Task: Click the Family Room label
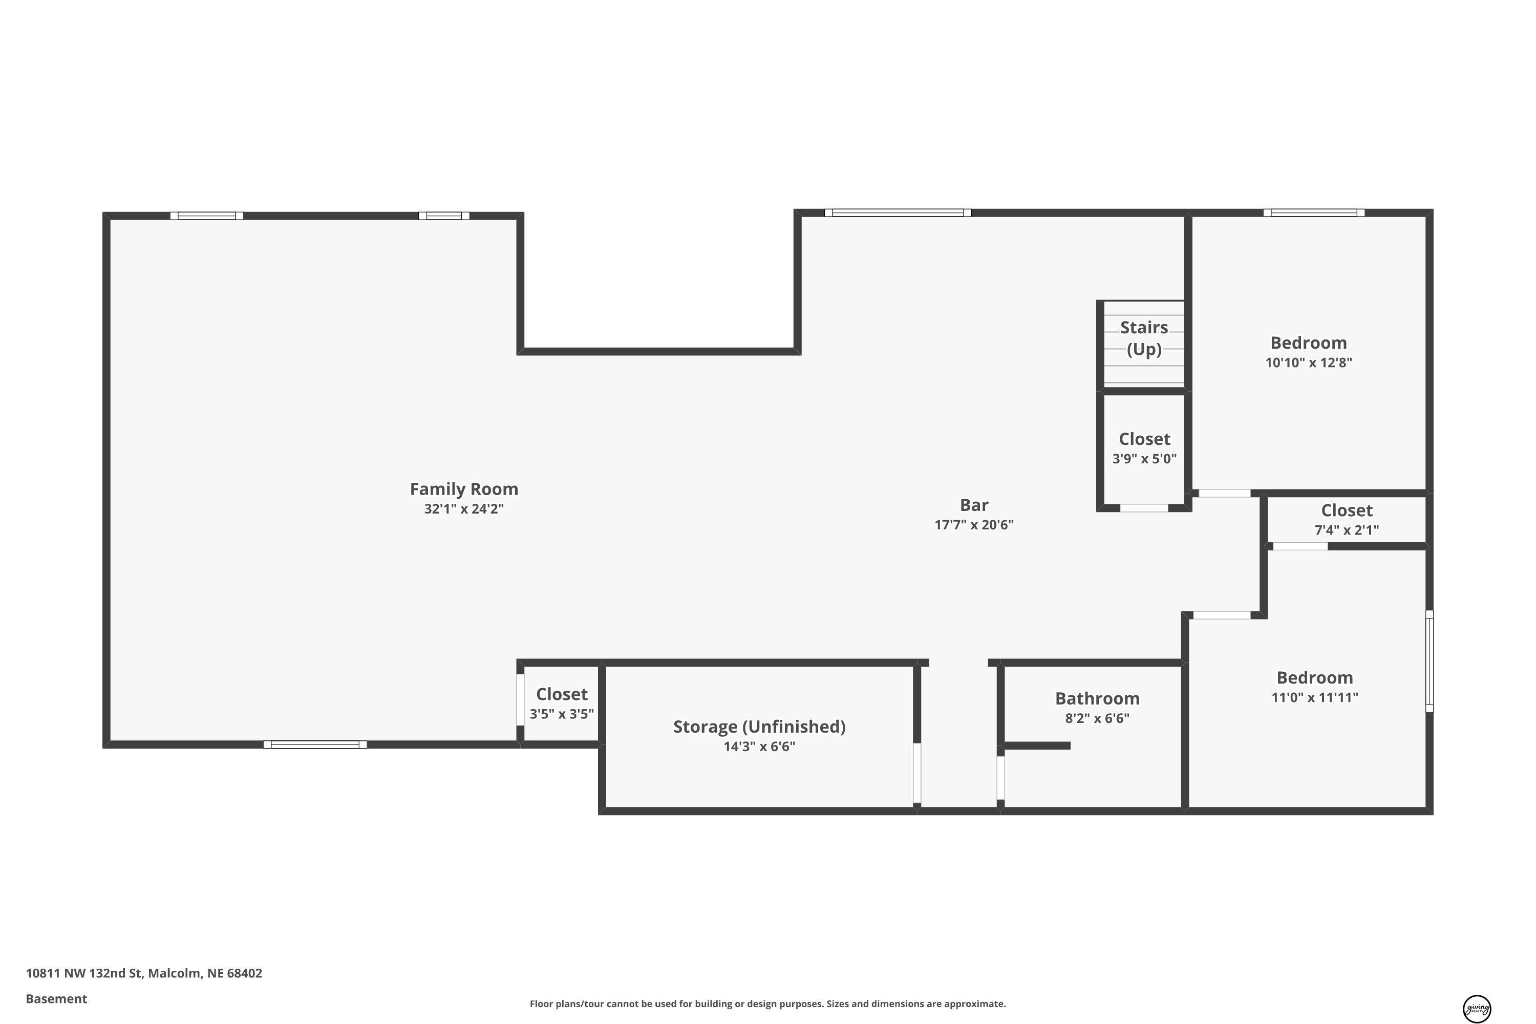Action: point(464,488)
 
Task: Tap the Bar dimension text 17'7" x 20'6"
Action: point(974,524)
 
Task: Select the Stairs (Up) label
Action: point(1144,338)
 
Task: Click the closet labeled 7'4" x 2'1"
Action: point(1347,520)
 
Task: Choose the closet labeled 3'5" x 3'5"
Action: point(562,703)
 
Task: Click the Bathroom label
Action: point(1097,698)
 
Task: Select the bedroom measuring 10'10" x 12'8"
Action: point(1308,353)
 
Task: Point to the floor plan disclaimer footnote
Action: point(767,1004)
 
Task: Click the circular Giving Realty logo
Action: point(1477,1009)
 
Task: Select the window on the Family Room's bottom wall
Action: point(315,744)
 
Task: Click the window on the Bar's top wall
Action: point(898,213)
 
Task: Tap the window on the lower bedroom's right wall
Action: point(1429,661)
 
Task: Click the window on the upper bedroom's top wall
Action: point(1313,213)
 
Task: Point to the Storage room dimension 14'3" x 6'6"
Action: point(759,746)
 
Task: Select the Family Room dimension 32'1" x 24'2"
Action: point(464,509)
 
